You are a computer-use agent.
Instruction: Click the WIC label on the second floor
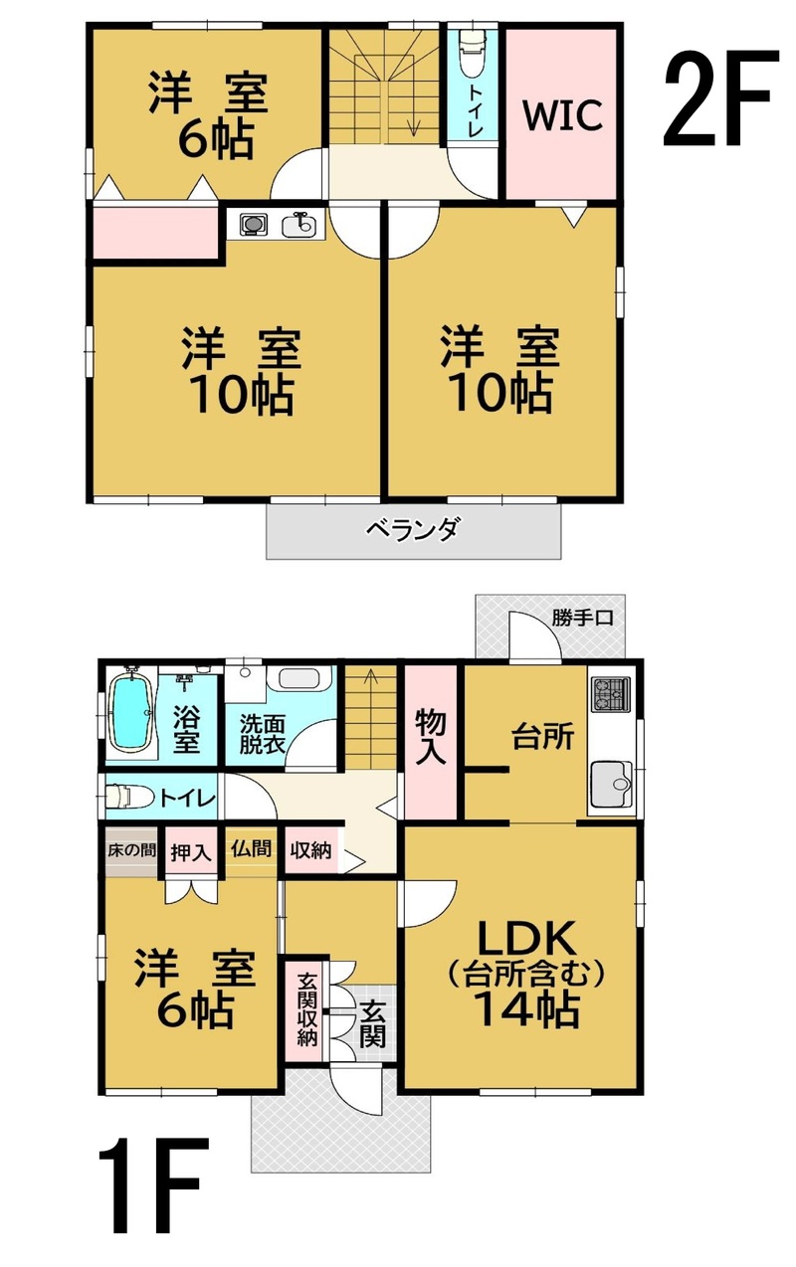click(x=562, y=115)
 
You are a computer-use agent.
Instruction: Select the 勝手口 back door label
click(x=583, y=618)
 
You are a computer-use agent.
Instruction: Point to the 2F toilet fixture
click(x=473, y=52)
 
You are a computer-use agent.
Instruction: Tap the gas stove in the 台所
click(x=611, y=694)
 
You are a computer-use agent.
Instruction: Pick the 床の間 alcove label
click(x=131, y=850)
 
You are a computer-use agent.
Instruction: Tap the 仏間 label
click(x=251, y=848)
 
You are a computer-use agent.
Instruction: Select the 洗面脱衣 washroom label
click(x=262, y=734)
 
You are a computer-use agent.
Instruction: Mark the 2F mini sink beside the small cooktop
click(x=298, y=225)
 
